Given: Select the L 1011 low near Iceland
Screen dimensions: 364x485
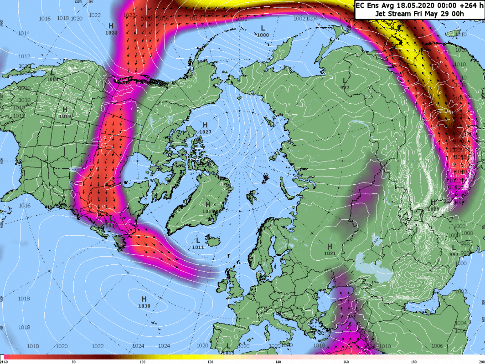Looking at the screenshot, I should pyautogui.click(x=198, y=243).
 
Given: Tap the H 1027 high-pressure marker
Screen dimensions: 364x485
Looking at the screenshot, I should pyautogui.click(x=205, y=128).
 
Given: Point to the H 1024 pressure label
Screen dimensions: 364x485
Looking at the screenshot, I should pyautogui.click(x=111, y=29).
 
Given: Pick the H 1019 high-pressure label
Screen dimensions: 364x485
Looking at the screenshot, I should pyautogui.click(x=65, y=113).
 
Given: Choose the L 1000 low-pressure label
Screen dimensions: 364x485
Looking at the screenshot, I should pyautogui.click(x=263, y=31).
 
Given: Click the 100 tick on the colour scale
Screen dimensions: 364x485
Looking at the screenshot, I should pyautogui.click(x=143, y=362).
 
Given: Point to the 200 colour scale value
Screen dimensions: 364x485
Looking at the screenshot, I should pyautogui.click(x=480, y=362).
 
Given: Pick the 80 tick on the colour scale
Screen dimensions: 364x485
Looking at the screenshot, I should pyautogui.click(x=74, y=362).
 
